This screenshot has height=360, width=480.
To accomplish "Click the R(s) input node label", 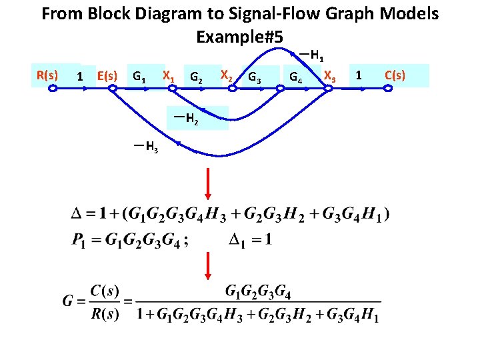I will click(x=47, y=75).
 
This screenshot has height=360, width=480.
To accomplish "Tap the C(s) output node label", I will click(x=395, y=75).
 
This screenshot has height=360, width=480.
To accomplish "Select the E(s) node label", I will click(x=107, y=76).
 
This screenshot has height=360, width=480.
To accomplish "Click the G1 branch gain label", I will click(x=140, y=76).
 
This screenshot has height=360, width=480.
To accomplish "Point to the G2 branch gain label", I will click(x=196, y=77).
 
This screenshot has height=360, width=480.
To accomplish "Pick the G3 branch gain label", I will click(x=254, y=79).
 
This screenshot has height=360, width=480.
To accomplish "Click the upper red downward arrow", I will click(x=208, y=183).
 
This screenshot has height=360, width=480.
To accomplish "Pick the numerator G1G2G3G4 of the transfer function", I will click(x=258, y=291).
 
